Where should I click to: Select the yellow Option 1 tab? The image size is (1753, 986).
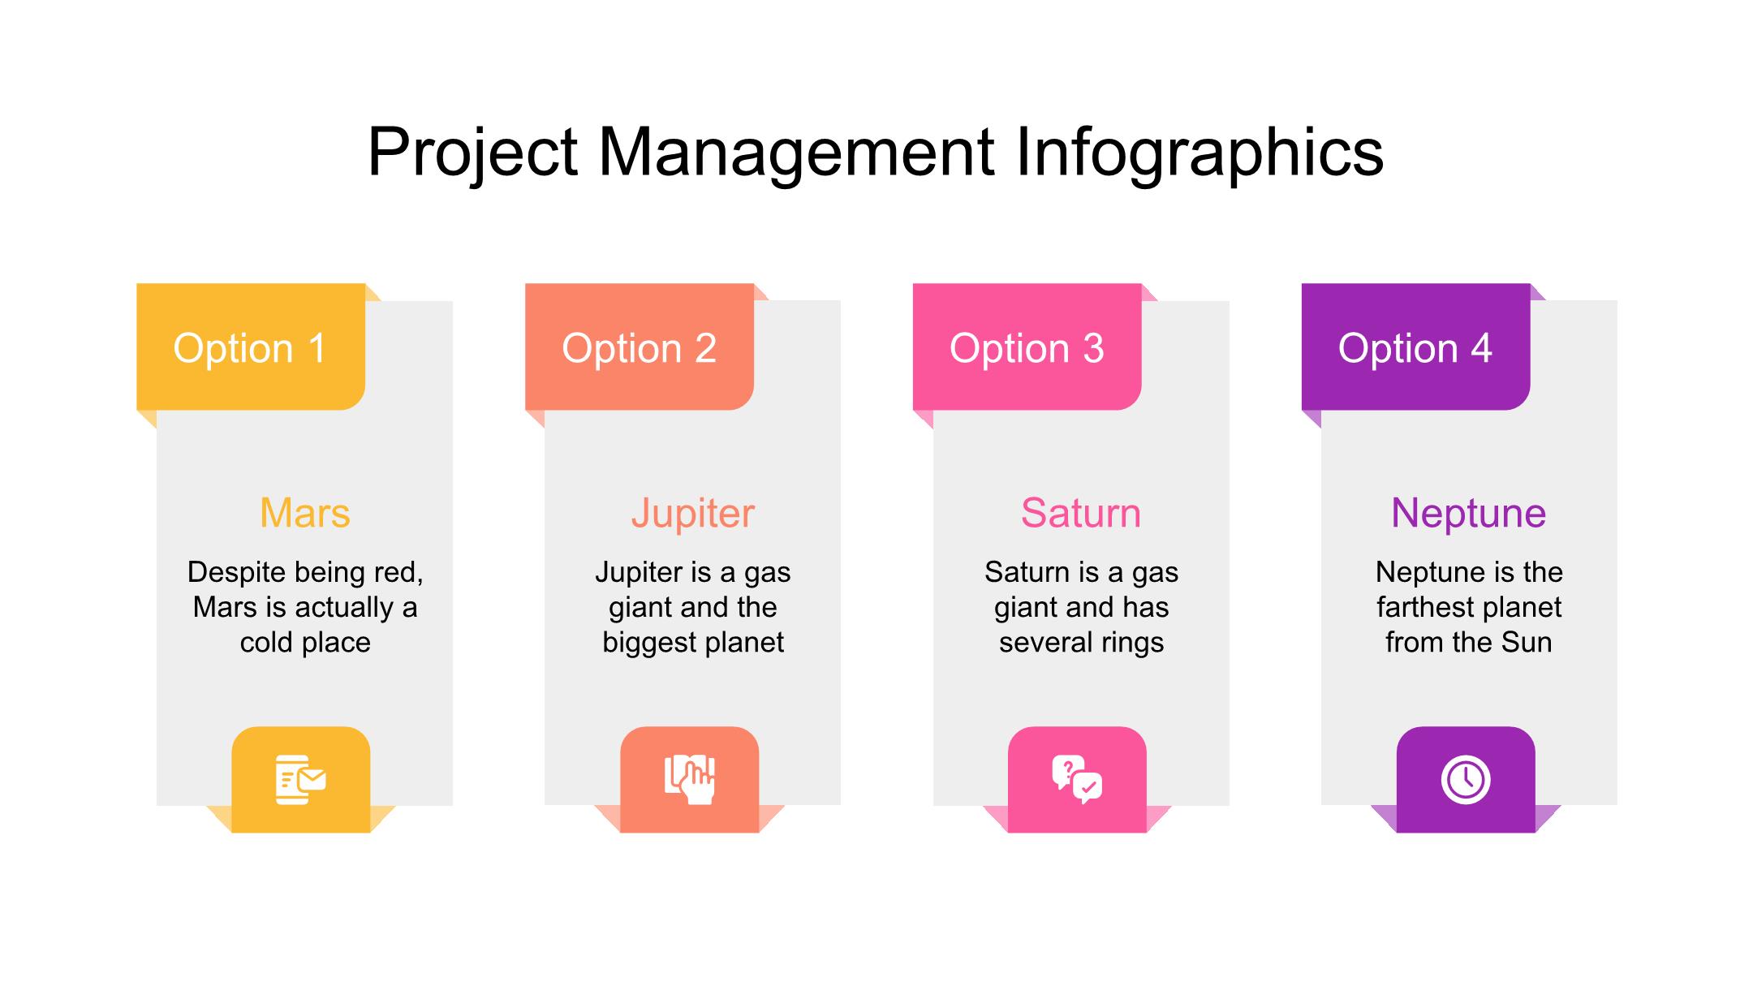click(x=251, y=347)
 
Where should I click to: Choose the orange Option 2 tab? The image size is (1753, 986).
click(x=640, y=347)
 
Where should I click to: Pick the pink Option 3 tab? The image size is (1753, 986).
click(x=1027, y=347)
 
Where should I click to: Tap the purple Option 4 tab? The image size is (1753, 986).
click(x=1416, y=347)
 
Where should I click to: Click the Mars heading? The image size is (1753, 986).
click(x=305, y=513)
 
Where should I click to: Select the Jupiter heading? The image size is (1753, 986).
click(x=693, y=514)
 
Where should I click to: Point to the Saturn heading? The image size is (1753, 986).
click(x=1081, y=513)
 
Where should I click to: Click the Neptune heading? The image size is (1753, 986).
click(x=1469, y=514)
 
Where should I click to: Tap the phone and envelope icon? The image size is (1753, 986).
click(x=301, y=780)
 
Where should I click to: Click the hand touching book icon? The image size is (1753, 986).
click(x=690, y=780)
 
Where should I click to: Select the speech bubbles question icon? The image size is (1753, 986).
click(x=1077, y=780)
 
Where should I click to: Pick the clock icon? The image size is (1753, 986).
click(x=1466, y=780)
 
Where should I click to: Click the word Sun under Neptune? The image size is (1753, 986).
click(x=1527, y=643)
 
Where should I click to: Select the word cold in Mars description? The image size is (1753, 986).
click(x=266, y=643)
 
